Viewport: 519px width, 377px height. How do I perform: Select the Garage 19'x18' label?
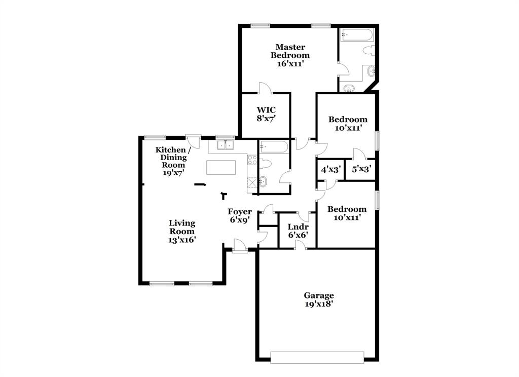point(319,299)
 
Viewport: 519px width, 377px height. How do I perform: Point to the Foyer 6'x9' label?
point(240,216)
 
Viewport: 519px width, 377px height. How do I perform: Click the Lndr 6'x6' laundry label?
point(298,231)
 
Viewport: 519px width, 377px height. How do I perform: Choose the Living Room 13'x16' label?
point(182,231)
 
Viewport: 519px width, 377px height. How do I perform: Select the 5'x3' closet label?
point(361,170)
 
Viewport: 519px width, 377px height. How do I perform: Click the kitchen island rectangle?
point(221,168)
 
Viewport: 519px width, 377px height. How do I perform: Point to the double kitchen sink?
point(225,145)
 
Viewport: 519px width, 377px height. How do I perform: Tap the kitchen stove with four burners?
point(252,161)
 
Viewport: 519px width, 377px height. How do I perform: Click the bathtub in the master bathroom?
point(357,35)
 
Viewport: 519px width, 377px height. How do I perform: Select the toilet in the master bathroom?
point(369,51)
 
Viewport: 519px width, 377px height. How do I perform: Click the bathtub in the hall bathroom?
point(274,147)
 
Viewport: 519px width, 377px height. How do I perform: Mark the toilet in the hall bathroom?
point(266,163)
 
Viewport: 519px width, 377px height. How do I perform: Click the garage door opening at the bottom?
point(317,357)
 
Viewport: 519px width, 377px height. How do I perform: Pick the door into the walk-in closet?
point(265,88)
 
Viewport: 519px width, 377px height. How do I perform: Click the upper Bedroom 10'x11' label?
point(348,124)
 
